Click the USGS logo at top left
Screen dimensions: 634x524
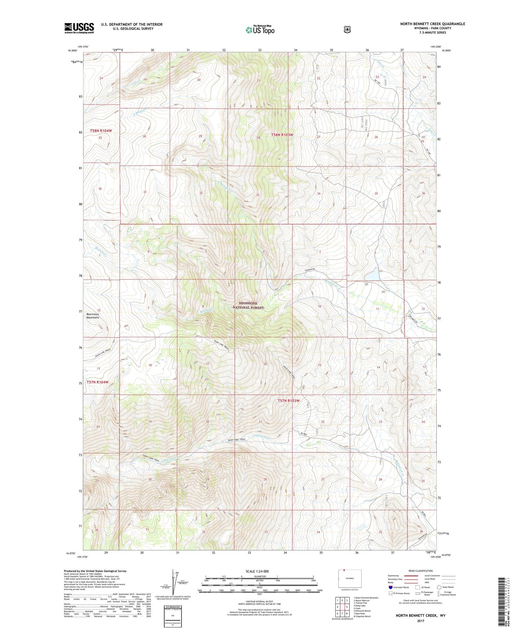pos(79,28)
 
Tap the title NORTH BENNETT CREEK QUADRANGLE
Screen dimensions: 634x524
pos(432,24)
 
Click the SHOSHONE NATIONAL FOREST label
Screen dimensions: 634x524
pos(248,305)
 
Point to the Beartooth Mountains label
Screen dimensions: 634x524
pos(93,316)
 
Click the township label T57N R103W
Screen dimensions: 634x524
pos(289,401)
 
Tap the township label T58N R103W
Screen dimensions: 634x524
pos(282,135)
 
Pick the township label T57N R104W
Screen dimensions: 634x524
pos(97,382)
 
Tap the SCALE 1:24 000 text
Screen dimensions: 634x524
pos(257,571)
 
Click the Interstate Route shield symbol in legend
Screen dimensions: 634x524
pos(391,587)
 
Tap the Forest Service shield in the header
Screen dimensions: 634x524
pos(347,30)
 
